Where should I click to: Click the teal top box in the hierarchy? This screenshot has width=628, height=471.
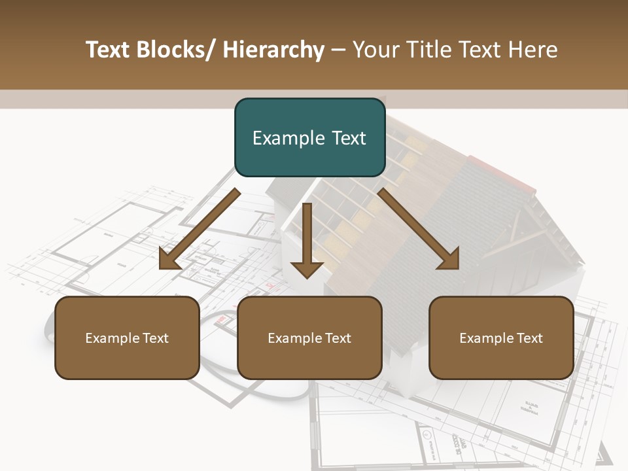click(x=309, y=137)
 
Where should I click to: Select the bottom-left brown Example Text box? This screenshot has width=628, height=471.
click(x=127, y=338)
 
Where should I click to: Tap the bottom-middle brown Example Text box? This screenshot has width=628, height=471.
click(x=309, y=338)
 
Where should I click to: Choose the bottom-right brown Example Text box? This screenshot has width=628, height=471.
click(x=501, y=338)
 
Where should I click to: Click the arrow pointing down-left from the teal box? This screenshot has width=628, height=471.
click(x=200, y=230)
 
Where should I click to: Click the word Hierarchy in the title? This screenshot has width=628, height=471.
click(x=273, y=50)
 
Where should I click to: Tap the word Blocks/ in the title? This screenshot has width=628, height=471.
click(x=175, y=50)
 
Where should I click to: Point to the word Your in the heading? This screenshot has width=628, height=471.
click(x=375, y=50)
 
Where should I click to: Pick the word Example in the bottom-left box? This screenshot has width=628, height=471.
click(x=112, y=338)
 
